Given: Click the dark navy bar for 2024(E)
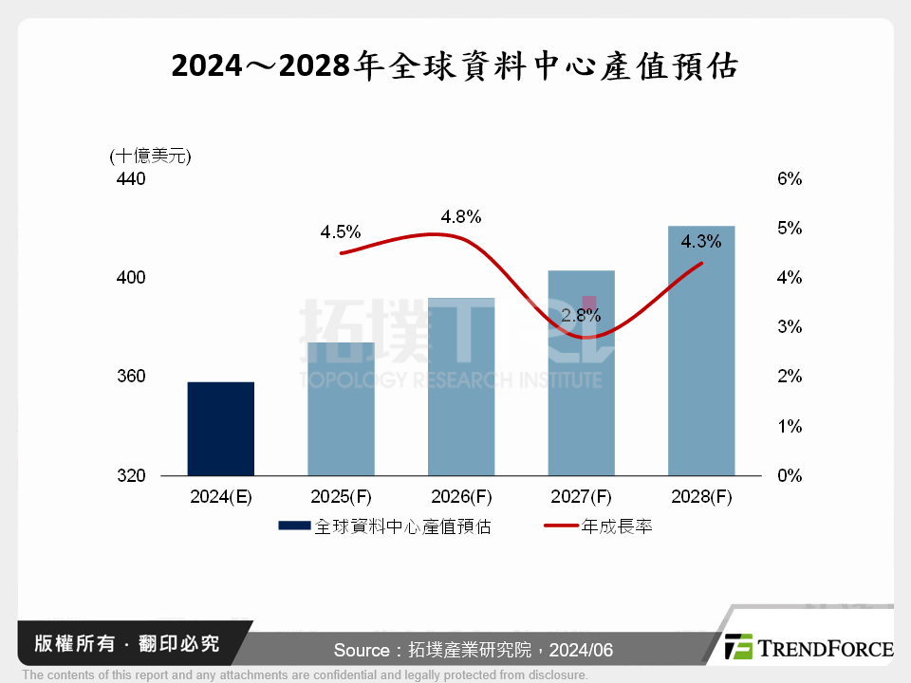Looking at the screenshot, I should (x=221, y=429).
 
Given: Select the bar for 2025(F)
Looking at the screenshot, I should (x=341, y=409).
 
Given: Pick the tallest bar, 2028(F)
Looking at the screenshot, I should (x=701, y=351).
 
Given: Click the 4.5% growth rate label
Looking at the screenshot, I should (x=341, y=231).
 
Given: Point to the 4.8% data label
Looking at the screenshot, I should (x=461, y=216).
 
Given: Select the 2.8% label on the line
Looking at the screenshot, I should (x=581, y=316).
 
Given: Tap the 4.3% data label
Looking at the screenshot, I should (x=701, y=241).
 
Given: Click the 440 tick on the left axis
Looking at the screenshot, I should (x=132, y=178).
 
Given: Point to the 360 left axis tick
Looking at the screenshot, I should (x=132, y=377).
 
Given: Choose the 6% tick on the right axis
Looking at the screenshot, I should (x=790, y=178).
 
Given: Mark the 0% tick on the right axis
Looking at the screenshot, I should (x=790, y=475).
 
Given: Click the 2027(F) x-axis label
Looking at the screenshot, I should (x=581, y=497).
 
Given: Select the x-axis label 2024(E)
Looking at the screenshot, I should (x=221, y=497).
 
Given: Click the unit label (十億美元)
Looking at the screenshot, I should (x=151, y=156).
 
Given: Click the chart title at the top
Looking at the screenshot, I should (x=455, y=67).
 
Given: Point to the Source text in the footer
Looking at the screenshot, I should (x=474, y=650).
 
